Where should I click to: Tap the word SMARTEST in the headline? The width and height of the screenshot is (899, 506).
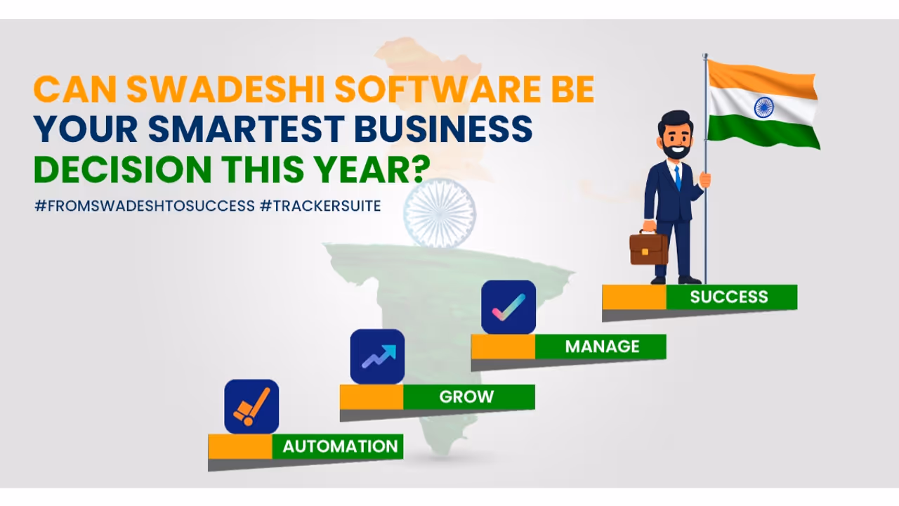click(246, 129)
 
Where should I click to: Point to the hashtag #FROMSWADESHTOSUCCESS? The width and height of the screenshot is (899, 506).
click(145, 206)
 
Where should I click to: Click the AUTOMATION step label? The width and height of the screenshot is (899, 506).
click(340, 446)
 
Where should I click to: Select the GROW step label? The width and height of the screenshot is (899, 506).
click(466, 396)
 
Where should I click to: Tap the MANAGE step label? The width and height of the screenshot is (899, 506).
click(602, 346)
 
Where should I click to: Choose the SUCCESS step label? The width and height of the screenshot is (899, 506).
click(729, 297)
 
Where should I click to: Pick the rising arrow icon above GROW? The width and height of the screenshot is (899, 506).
click(378, 356)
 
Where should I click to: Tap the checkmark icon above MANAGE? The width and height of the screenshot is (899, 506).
click(508, 307)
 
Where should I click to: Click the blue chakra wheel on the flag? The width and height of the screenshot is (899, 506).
click(763, 108)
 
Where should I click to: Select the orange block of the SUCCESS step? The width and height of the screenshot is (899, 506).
click(634, 297)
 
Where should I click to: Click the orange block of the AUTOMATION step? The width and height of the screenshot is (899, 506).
click(239, 446)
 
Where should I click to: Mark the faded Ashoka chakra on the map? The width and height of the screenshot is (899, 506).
click(440, 212)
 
